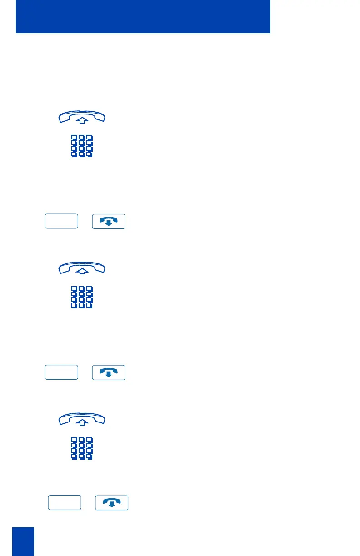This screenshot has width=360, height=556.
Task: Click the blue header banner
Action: tap(143, 16)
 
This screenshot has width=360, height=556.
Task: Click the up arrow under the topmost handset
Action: tap(82, 120)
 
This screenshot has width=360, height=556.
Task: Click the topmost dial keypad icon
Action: tap(82, 146)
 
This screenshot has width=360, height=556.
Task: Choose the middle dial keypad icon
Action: tap(82, 298)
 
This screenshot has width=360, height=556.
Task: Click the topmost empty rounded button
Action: tap(62, 221)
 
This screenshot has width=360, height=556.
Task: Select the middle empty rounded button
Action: tap(62, 372)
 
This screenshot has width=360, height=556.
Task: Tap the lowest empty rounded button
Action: tap(65, 503)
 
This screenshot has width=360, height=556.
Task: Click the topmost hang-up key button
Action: tap(109, 221)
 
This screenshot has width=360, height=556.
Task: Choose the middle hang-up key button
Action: tap(109, 372)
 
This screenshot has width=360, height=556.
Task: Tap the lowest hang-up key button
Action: tap(112, 503)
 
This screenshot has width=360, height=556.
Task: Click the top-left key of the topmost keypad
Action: tap(74, 138)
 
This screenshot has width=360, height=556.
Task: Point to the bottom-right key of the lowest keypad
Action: tap(90, 457)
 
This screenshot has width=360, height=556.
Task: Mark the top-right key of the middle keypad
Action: tap(90, 289)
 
